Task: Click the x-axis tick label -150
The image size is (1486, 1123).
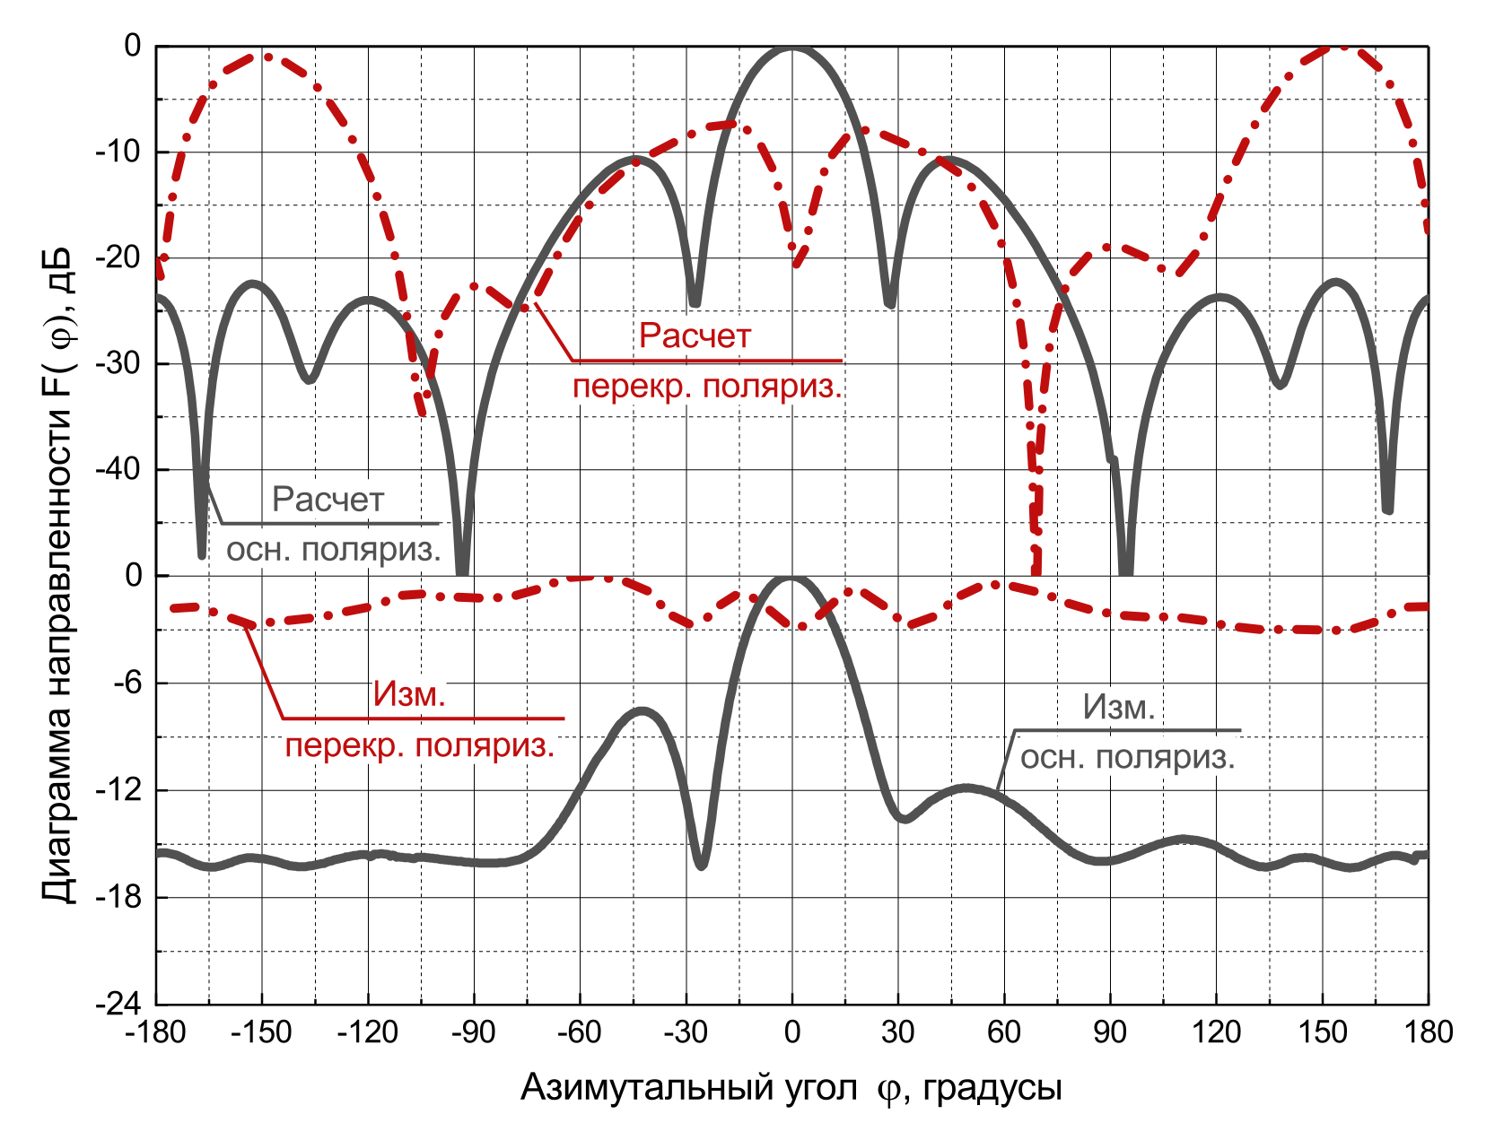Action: coord(261,1032)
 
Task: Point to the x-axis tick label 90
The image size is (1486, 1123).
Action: coord(1110,1032)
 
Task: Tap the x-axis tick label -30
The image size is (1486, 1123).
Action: coord(686,1032)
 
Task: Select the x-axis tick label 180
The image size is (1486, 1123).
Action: coord(1428,1032)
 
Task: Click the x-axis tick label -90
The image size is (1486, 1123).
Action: coord(473,1032)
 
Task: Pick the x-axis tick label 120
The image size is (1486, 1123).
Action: coord(1216,1032)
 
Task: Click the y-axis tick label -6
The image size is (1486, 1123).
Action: coord(127,683)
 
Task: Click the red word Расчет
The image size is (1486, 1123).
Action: coord(695,336)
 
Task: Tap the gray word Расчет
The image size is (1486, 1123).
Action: coord(328,500)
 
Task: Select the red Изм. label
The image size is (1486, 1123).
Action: coord(409,694)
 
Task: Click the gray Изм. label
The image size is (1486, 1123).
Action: coord(1119,708)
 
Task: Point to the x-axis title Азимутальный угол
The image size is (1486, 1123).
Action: coord(689,1088)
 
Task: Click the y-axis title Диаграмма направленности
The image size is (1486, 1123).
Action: coord(59,628)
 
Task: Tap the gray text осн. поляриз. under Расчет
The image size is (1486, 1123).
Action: coord(333,550)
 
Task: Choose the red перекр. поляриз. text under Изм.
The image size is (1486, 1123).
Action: coord(420,746)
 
